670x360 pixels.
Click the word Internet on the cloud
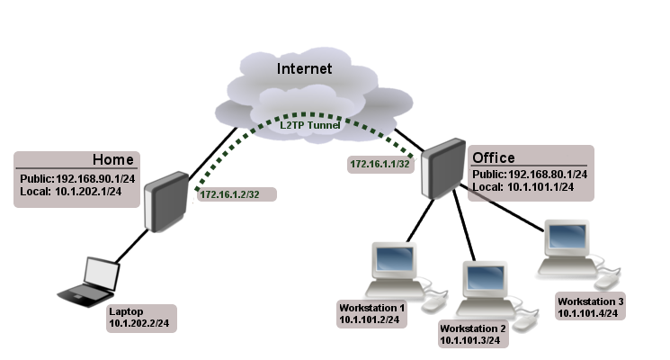(x=304, y=68)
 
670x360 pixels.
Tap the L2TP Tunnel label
(x=310, y=125)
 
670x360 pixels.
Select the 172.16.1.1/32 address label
(x=380, y=165)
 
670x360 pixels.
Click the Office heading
(x=494, y=158)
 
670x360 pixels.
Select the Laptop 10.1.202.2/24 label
(x=140, y=317)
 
